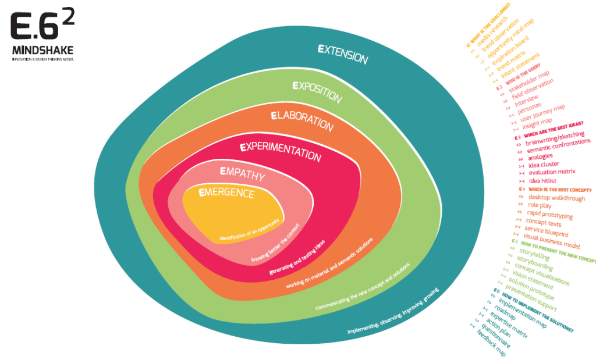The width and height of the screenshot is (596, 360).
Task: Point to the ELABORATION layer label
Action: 302,120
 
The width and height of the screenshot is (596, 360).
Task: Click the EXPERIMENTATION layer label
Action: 280,151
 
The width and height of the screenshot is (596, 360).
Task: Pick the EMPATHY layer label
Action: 243,174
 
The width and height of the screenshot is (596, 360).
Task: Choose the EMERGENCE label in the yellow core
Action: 226,193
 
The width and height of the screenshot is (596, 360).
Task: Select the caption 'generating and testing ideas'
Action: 297,256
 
